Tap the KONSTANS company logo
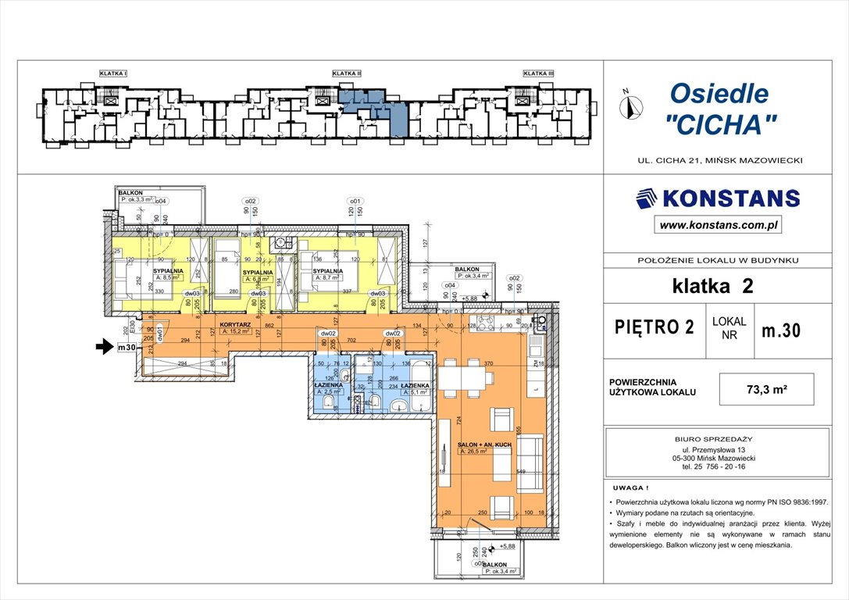pyautogui.click(x=718, y=198)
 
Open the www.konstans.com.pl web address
pyautogui.click(x=718, y=226)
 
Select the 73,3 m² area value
pyautogui.click(x=767, y=388)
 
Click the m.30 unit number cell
pyautogui.click(x=779, y=330)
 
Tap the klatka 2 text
pyautogui.click(x=712, y=287)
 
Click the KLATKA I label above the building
pyautogui.click(x=113, y=73)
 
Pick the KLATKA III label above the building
pyautogui.click(x=538, y=73)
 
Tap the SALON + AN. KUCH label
pyautogui.click(x=483, y=444)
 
